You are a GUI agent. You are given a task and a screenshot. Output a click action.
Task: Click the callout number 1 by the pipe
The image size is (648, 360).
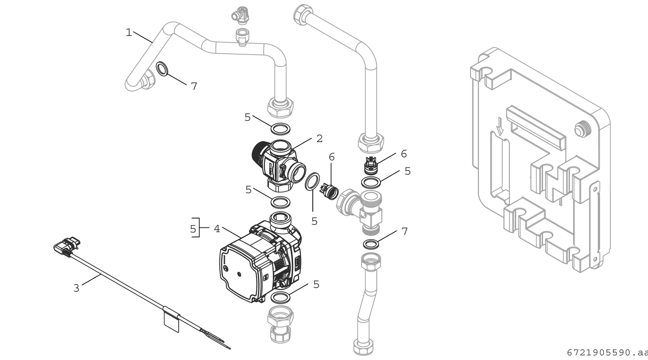pos(129,33)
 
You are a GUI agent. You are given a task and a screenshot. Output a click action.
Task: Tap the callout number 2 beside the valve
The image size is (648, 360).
pos(319,138)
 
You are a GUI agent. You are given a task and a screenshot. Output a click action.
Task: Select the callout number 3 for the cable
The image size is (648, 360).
pos(77,288)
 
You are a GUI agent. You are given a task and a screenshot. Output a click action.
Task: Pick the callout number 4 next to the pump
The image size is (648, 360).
pos(217,229)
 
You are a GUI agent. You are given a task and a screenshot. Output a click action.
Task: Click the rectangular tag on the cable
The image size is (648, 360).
pos(171,322)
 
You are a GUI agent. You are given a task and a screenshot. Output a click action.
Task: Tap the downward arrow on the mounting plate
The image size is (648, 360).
pos(500,128)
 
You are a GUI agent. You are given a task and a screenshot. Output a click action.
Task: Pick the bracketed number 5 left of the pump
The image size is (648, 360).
pos(193,229)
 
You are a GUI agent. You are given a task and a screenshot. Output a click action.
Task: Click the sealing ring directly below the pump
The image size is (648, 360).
pos(280,298)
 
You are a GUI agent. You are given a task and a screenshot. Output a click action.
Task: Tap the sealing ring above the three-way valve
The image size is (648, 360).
pos(280,129)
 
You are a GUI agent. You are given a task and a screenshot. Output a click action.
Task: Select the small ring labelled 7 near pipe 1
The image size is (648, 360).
pos(162,68)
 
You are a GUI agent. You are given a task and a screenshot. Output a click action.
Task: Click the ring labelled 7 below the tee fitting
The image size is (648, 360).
pos(371,244)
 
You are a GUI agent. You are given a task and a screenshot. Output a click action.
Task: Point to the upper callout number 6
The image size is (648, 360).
pos(404,154)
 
